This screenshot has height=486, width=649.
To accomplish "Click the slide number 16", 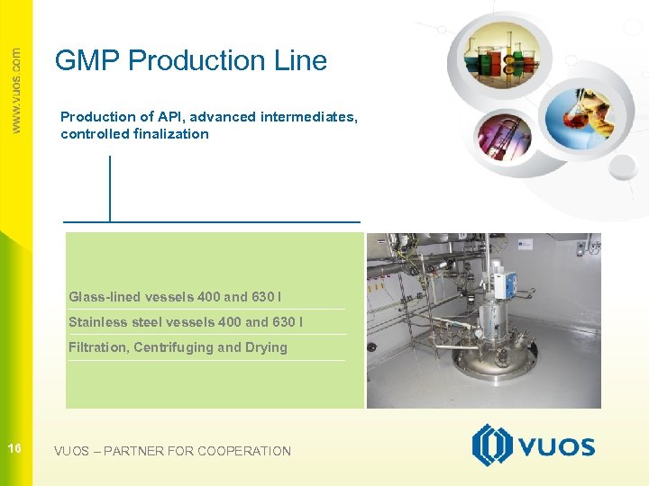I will (x=14, y=448).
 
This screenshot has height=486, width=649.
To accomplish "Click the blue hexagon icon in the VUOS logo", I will (x=492, y=445).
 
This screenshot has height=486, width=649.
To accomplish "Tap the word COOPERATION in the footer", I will (x=243, y=451).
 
